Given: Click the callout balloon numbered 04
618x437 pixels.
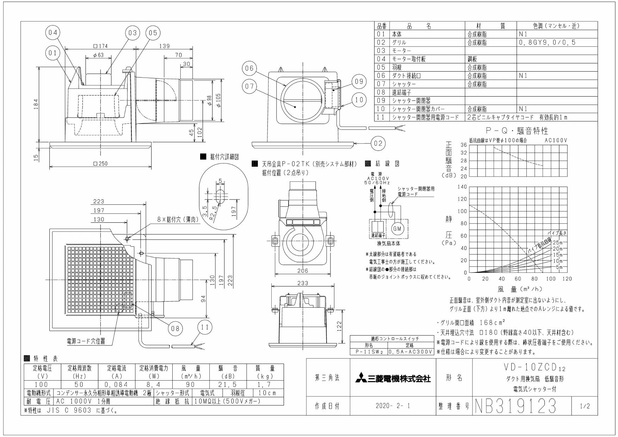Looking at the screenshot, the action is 52,33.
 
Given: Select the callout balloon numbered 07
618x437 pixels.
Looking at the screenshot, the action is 249,88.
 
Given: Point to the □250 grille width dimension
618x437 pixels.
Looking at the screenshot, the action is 101,164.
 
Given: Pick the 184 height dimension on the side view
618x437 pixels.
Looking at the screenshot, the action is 37,105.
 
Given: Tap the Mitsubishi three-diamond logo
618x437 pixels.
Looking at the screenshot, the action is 360,379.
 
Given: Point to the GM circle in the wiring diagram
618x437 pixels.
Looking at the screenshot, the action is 397,229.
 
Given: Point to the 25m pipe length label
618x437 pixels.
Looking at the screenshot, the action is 558,243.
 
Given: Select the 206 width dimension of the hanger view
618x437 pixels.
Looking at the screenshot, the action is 302,271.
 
